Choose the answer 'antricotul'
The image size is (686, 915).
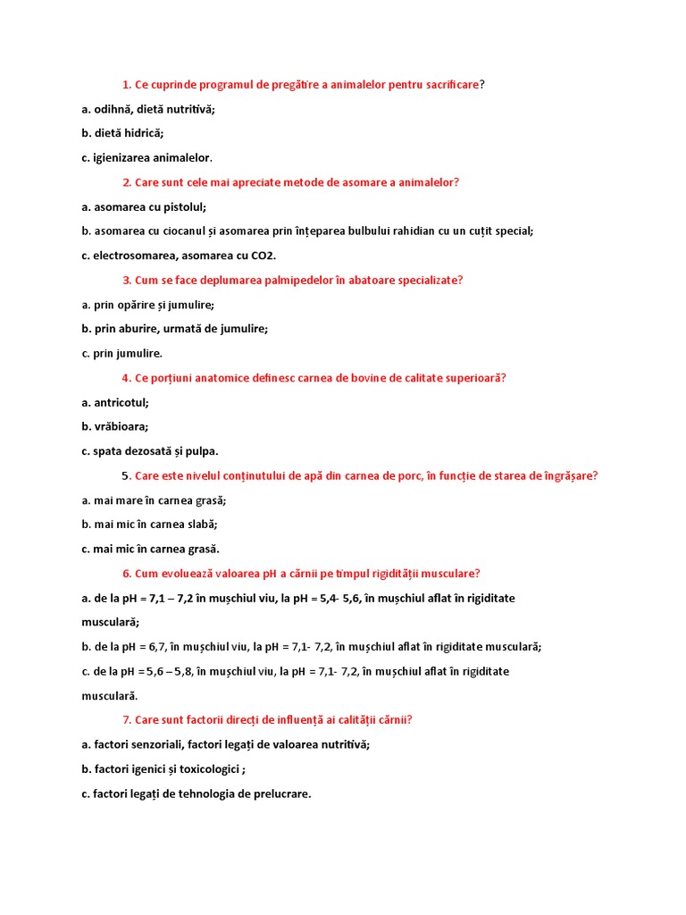[x=121, y=402]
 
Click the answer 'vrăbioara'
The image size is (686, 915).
[x=121, y=426]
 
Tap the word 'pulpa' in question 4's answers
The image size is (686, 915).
[x=202, y=451]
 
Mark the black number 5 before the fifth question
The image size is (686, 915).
[x=125, y=475]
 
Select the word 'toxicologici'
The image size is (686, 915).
[x=211, y=768]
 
